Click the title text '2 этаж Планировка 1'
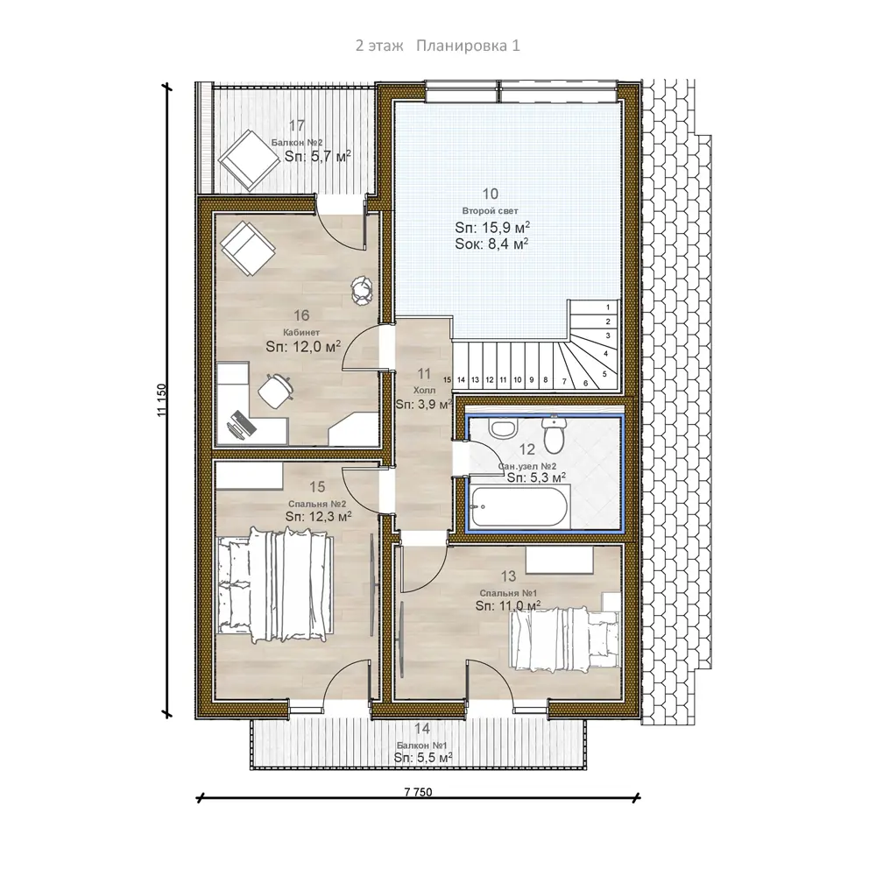click(437, 46)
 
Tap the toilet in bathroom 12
click(554, 434)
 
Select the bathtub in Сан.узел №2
click(519, 506)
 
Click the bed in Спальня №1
click(565, 639)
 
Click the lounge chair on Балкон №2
click(249, 159)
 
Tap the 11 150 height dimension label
click(162, 400)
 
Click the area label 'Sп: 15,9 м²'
click(492, 227)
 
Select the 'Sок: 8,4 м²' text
click(491, 244)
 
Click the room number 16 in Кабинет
click(301, 315)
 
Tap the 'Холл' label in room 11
click(424, 390)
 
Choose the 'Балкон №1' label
click(422, 745)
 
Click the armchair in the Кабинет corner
click(248, 249)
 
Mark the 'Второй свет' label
click(490, 210)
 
